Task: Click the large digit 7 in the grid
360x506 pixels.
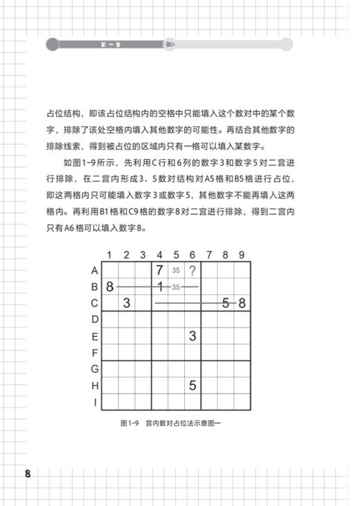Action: coord(159,270)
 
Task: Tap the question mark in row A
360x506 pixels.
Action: coord(192,270)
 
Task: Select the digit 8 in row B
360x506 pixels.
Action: coord(110,287)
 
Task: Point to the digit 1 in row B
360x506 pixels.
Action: coord(159,286)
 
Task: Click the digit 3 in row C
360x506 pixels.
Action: coord(127,302)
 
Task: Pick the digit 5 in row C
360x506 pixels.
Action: coord(226,302)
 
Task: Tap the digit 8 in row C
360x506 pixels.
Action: coord(242,302)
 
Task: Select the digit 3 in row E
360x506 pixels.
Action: coord(192,336)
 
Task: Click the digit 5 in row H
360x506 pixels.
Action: coord(192,385)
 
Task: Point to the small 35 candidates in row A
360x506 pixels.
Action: coord(176,271)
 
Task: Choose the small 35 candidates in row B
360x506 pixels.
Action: coord(176,287)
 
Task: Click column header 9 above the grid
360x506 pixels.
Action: coord(242,255)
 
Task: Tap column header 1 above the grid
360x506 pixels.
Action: coord(110,255)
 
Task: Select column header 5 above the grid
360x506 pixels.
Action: coord(176,255)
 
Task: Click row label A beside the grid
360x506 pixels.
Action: coord(95,271)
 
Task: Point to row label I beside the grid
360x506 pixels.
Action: coord(95,401)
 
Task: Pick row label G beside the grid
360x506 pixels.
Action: coord(95,369)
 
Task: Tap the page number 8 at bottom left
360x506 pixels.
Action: coord(28,474)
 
